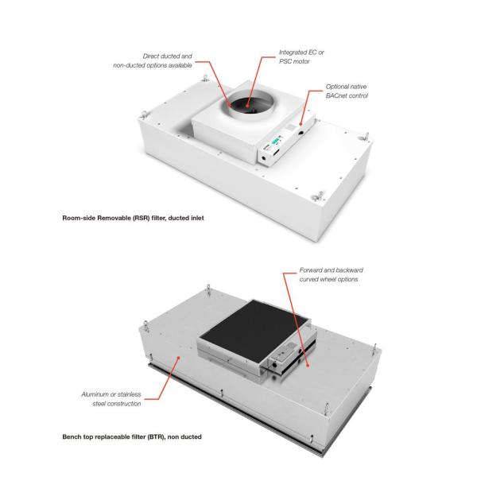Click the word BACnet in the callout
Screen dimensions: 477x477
pos(336,96)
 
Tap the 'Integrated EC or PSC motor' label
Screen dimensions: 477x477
pos(301,57)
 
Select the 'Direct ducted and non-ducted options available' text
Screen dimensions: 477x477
pos(153,61)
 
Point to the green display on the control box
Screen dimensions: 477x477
pos(276,142)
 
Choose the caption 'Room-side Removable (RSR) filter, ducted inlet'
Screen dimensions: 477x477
pos(133,218)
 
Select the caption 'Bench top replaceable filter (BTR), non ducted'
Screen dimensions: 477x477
pos(132,436)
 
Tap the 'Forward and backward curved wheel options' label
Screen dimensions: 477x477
pos(331,275)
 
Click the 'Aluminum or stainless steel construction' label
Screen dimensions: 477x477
pos(111,399)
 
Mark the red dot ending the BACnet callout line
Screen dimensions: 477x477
pos(301,124)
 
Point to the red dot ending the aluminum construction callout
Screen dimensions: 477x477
pos(179,358)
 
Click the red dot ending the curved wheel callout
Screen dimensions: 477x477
pos(308,366)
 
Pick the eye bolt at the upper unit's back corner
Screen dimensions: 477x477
pos(206,78)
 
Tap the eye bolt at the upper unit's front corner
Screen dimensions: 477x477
pos(319,196)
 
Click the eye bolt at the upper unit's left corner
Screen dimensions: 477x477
pos(144,115)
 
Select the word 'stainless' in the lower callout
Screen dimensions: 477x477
pos(130,394)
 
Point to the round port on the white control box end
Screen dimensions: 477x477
pos(263,158)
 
